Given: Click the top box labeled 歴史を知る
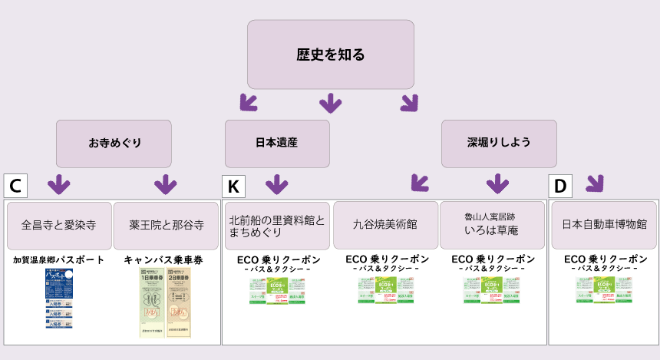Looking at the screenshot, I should (330, 54).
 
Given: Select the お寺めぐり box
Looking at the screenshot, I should (114, 143).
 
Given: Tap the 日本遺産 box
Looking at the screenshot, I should (276, 143).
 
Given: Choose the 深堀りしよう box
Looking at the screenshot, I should (499, 143).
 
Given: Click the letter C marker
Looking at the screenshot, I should (15, 185).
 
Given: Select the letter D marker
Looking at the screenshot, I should (560, 185).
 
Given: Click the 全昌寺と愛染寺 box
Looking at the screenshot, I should (58, 225).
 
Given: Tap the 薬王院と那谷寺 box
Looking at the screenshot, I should (167, 225).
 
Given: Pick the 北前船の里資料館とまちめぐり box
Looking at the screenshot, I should (276, 225).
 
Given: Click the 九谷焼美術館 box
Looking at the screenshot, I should (385, 225).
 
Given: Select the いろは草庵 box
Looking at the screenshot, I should (493, 225).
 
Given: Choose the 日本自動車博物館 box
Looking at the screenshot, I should (604, 225).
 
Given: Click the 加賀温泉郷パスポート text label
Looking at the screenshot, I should (59, 260).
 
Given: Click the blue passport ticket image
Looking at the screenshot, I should (59, 299).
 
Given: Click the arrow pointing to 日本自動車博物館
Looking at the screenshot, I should (594, 183).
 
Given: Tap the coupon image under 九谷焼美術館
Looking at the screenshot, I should (388, 290).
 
